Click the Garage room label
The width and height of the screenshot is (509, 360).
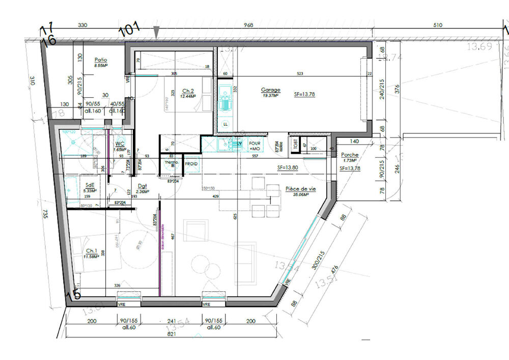click(271, 90)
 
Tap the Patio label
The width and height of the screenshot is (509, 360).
click(100, 60)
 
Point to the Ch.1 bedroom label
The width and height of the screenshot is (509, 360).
click(92, 251)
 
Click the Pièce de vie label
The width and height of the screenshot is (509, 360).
click(301, 188)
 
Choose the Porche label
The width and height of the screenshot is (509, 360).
click(349, 155)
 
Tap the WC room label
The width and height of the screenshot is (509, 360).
click(120, 144)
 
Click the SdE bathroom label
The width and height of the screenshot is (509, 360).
click(90, 185)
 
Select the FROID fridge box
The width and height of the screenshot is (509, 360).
click(191, 164)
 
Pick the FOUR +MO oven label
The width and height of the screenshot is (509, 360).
click(254, 147)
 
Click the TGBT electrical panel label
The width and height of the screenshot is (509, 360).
click(294, 144)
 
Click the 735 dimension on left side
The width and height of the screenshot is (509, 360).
click(45, 215)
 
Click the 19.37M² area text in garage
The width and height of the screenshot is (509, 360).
click(271, 95)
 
